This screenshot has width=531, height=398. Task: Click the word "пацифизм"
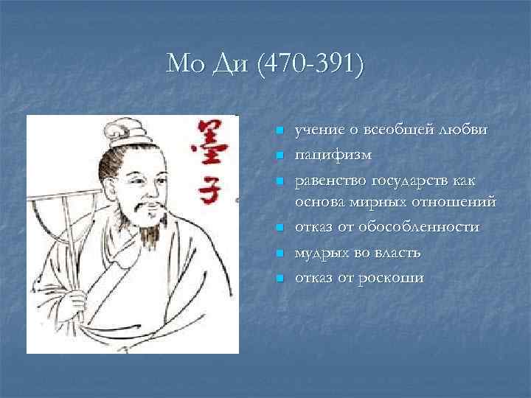click(x=333, y=156)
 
